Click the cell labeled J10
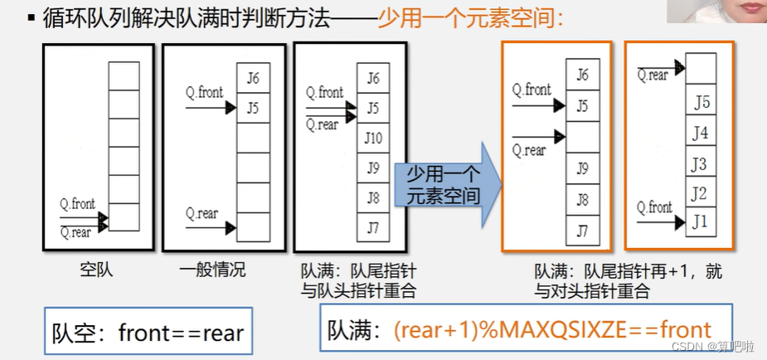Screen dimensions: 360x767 (x=373, y=138)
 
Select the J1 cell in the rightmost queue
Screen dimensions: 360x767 (x=701, y=222)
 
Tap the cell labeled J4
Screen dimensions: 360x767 (x=701, y=133)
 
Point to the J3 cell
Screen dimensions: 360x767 (x=701, y=163)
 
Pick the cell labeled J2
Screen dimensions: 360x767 (x=701, y=193)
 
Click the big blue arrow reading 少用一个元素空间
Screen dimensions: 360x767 (x=449, y=184)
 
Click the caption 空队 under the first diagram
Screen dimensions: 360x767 (x=96, y=270)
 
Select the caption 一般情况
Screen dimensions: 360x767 (x=212, y=270)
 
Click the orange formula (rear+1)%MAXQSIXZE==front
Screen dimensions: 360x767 (x=553, y=328)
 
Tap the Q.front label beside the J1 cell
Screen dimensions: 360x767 (x=655, y=207)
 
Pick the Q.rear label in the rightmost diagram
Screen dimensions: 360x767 (x=653, y=75)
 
